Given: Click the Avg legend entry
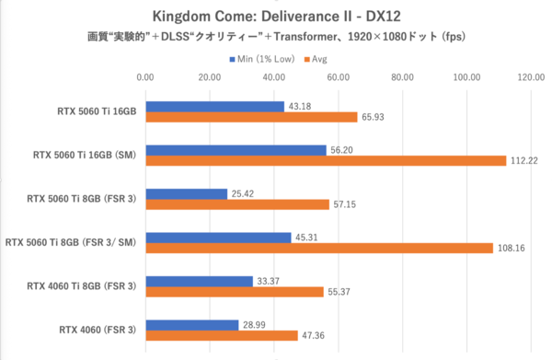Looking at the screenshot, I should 317,59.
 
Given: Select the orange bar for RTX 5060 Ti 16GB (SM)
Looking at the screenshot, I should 326,160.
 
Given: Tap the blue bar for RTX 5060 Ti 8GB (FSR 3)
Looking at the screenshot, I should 187,194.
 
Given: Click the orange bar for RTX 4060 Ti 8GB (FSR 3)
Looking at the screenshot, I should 235,291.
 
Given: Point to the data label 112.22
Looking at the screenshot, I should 523,160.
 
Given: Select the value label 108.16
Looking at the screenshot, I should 511,248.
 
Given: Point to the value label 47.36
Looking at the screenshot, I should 316,335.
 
